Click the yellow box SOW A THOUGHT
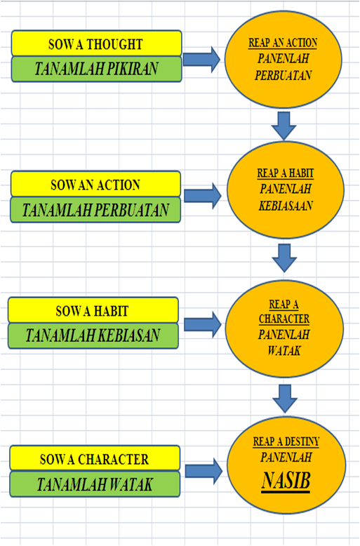(96, 44)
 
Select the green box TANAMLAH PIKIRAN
(96, 69)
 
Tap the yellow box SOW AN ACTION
(95, 185)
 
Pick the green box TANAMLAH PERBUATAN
(95, 209)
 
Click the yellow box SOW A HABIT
(93, 310)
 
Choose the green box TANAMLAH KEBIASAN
(93, 335)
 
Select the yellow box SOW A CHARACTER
(95, 460)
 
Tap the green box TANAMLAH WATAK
(95, 485)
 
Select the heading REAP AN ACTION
(283, 43)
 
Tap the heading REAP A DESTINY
(286, 441)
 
